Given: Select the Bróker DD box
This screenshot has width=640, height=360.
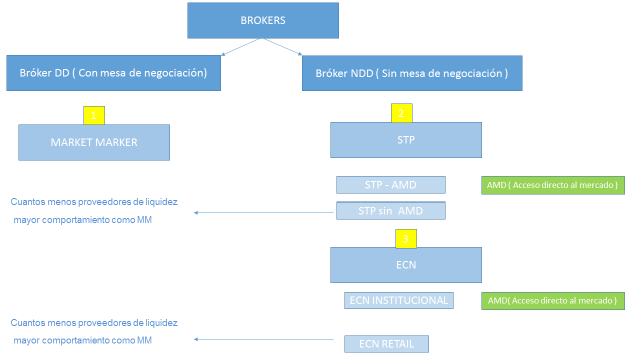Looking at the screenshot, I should pyautogui.click(x=113, y=73).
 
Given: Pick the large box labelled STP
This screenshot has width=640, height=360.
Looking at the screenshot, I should pyautogui.click(x=406, y=141).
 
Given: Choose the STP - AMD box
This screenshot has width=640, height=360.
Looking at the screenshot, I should pyautogui.click(x=390, y=185).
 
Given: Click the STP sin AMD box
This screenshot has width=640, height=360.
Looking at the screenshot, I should pyautogui.click(x=390, y=211).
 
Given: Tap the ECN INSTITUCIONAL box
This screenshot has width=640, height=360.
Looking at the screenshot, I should pyautogui.click(x=398, y=301).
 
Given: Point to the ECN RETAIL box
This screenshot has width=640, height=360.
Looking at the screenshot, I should pyautogui.click(x=386, y=343).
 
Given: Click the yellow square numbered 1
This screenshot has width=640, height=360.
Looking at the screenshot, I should pyautogui.click(x=93, y=114).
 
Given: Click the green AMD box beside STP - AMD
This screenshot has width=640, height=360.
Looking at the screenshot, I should pyautogui.click(x=551, y=185).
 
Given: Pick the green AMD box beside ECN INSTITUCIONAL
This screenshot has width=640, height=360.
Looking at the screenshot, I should pyautogui.click(x=551, y=301).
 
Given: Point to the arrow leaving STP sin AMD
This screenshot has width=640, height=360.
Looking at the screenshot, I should pyautogui.click(x=265, y=212).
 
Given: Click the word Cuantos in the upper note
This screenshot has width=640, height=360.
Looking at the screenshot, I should pyautogui.click(x=27, y=201).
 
